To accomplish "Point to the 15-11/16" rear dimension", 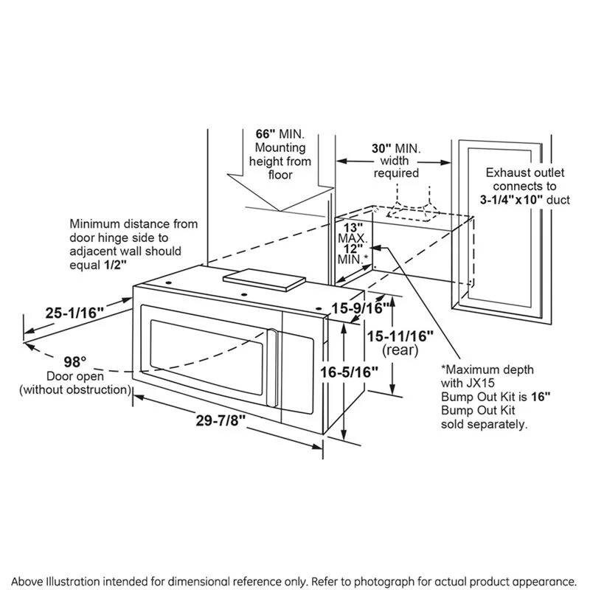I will pyautogui.click(x=400, y=335).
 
